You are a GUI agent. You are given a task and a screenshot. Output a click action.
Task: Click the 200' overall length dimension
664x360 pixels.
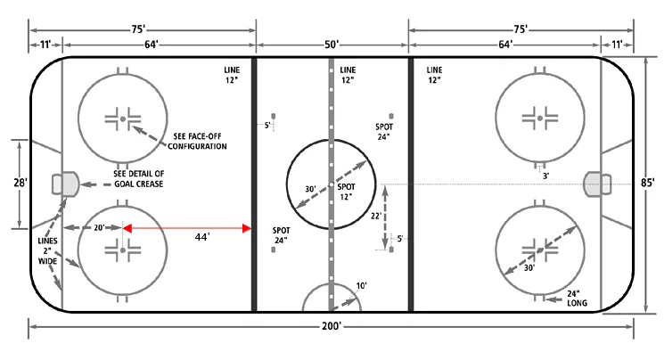[x=332, y=327]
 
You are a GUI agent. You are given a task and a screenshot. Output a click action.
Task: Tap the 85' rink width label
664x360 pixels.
[x=649, y=184]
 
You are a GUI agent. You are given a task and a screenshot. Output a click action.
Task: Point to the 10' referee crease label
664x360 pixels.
[x=361, y=286]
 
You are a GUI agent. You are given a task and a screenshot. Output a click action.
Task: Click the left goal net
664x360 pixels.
[x=63, y=184]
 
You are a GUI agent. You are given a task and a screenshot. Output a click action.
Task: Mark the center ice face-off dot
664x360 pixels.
[x=331, y=184]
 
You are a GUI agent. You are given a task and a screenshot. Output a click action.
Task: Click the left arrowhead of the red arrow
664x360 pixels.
[x=127, y=228]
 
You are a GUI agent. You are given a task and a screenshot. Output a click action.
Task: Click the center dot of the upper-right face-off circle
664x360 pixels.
[x=539, y=117]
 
